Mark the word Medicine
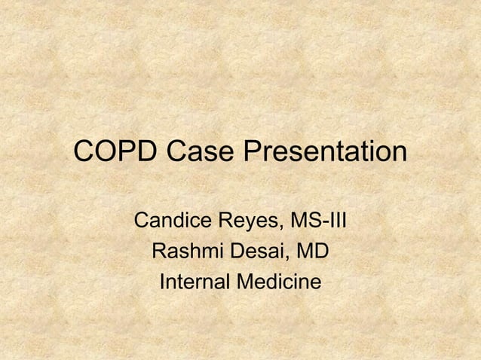coord(278,283)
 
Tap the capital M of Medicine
coord(244,283)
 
